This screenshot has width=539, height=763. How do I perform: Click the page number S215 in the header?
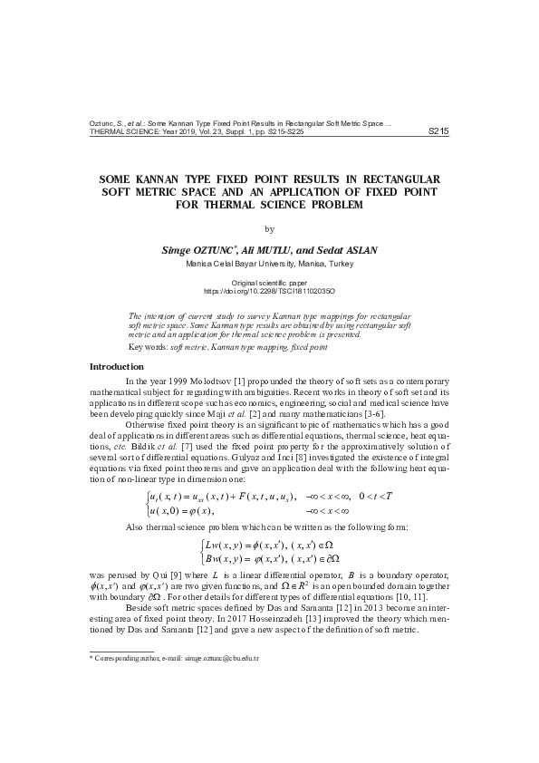pos(438,131)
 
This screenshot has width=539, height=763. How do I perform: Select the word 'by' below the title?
pos(269,228)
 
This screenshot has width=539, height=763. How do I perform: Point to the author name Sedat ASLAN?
pos(347,249)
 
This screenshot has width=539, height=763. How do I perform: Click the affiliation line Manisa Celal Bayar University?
pos(269,263)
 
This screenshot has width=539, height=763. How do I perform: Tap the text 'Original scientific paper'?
pos(269,284)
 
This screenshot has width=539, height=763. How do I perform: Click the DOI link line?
pos(269,292)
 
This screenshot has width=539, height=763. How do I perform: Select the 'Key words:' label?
pos(149,347)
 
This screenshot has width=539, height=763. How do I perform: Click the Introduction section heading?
pos(118,366)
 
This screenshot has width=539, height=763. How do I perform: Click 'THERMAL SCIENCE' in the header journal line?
pos(120,132)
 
